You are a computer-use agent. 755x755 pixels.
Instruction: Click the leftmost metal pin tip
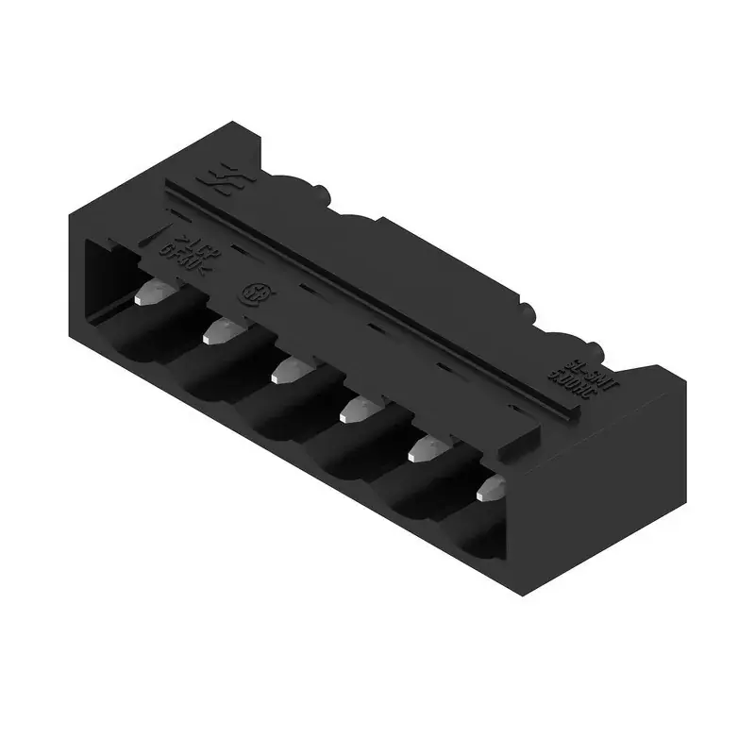(147, 296)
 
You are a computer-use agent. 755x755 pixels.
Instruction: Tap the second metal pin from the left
(219, 329)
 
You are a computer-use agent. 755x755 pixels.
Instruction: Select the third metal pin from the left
(288, 371)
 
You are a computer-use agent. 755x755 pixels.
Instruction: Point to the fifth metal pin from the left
(421, 450)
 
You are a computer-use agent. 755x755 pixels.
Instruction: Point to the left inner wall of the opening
(104, 283)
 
